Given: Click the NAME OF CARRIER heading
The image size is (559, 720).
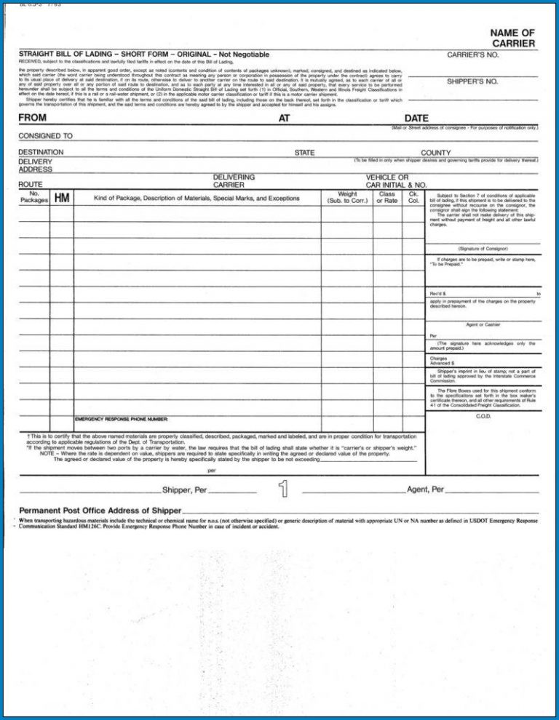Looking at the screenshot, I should coord(512,39).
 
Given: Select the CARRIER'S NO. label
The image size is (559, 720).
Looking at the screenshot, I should coord(472,55).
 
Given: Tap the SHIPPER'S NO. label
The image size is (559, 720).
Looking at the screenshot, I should coord(472,81).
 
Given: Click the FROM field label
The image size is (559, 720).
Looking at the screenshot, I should coord(33,118).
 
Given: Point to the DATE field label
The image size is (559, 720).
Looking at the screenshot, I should coord(416,118).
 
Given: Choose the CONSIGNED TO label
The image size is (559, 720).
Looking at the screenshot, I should coord(45,136).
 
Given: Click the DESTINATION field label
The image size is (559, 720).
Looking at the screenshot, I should coord(41,152).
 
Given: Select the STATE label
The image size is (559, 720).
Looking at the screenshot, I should coord(304,153).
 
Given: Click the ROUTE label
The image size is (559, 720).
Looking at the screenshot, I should coord(30,185).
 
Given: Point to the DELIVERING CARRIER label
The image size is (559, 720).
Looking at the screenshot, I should coord(234,181).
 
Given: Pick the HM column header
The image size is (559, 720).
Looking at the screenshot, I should coord(62,197).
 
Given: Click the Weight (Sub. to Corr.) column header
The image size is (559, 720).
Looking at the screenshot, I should coord(347,197).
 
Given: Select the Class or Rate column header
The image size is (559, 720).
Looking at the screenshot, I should coord(387,197).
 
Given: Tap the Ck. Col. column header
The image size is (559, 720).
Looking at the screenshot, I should coord(413,197).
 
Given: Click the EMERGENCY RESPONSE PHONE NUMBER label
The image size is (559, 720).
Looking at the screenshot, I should coord(122,420).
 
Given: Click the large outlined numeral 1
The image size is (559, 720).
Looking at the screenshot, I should coord(282,489).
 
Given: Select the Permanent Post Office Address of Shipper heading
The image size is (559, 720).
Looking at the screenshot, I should coord(100,510).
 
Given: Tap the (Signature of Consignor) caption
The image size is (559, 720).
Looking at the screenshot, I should coord(483,249).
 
